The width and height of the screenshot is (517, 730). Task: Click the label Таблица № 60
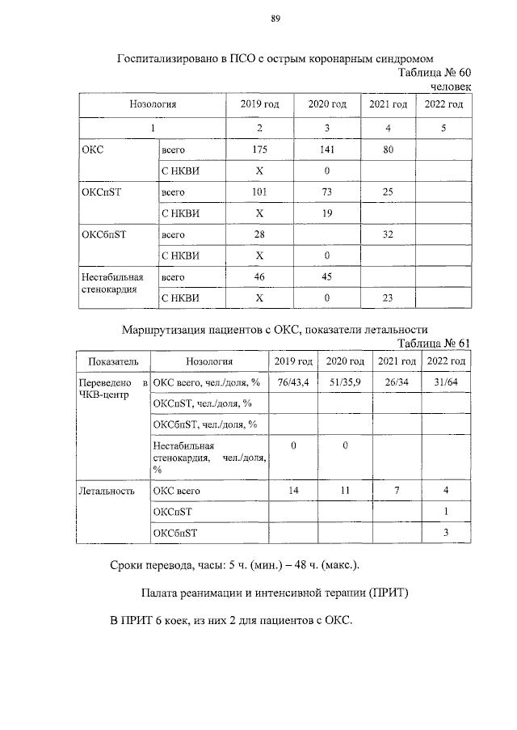tap(435, 73)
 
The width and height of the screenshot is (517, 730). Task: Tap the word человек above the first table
tap(450, 87)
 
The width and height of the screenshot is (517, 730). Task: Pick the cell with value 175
tap(259, 150)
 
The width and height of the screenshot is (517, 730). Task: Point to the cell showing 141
tap(327, 150)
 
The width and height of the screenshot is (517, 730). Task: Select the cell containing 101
tap(259, 192)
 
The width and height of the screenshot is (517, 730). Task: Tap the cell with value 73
tap(327, 192)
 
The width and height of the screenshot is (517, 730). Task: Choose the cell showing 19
tap(327, 213)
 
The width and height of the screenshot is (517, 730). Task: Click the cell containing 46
tap(259, 276)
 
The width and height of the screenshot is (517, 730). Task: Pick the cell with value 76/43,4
tap(292, 382)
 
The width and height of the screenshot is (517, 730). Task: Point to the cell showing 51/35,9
tap(344, 382)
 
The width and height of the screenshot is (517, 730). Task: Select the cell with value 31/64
tap(446, 382)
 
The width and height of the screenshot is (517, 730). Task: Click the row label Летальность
tap(106, 491)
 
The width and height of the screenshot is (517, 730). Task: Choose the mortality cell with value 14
tap(292, 491)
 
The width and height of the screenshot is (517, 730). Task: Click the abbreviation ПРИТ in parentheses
tap(389, 593)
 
